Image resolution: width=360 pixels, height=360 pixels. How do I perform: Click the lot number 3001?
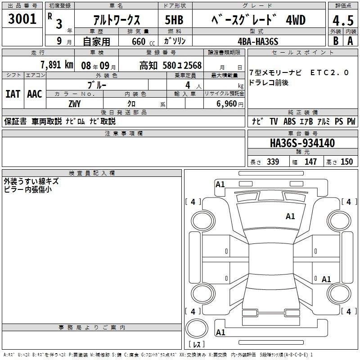point(22,19)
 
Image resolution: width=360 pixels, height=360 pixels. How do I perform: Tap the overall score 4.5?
point(343,21)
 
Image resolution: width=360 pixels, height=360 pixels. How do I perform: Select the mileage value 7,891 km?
point(57,65)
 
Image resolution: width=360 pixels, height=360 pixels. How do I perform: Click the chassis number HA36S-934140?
point(302,143)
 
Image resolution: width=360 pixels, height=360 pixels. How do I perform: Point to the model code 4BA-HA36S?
point(258,41)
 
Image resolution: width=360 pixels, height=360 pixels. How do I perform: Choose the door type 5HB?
point(174,20)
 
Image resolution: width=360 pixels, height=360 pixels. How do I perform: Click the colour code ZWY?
point(75,104)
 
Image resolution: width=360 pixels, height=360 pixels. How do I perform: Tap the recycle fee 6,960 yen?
point(230,104)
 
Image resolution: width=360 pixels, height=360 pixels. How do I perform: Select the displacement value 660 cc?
point(143,42)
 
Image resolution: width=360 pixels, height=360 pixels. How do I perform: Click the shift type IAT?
point(13,94)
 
